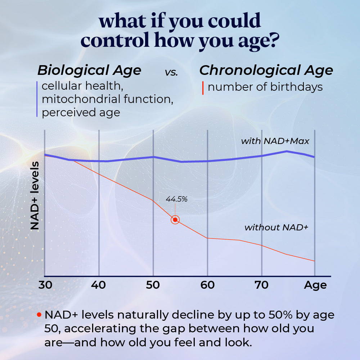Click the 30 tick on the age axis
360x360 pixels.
tap(45, 285)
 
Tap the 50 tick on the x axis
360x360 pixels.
tap(153, 285)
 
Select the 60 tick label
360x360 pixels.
tap(207, 285)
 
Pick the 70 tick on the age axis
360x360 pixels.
tap(261, 285)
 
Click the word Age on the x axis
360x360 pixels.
tap(315, 285)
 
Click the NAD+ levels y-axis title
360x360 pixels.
tap(35, 196)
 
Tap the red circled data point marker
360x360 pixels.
tap(175, 220)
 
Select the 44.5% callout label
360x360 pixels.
tap(176, 199)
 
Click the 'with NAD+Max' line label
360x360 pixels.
tap(275, 141)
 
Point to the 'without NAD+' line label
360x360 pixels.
tap(276, 228)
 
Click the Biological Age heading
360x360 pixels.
tap(89, 70)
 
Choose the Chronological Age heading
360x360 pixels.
tap(266, 70)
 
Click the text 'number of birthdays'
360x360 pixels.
tap(265, 87)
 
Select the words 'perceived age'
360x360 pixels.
tap(81, 112)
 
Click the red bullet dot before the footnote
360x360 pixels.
tap(39, 315)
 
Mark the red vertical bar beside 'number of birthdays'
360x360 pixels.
tap(203, 87)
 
